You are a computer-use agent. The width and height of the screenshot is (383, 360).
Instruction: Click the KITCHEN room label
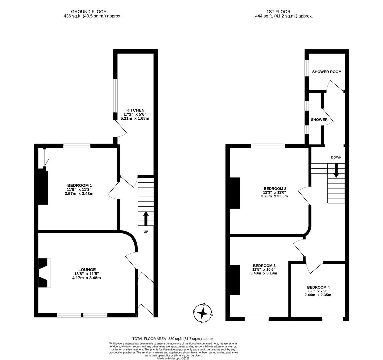(x=135, y=110)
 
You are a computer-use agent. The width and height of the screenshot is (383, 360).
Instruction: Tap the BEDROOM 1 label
(x=79, y=185)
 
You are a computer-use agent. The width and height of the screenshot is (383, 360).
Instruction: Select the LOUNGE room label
(x=87, y=270)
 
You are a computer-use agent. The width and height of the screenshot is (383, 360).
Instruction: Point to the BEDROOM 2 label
(x=275, y=188)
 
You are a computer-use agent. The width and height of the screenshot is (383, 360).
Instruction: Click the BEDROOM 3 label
(x=263, y=265)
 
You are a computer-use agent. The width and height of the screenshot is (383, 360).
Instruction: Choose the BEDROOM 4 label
(x=318, y=287)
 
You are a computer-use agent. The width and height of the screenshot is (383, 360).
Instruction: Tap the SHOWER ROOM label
(x=327, y=72)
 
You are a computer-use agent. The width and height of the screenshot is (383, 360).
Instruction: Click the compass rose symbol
(x=203, y=313)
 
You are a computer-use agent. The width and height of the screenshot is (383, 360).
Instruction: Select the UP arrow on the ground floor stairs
(x=146, y=218)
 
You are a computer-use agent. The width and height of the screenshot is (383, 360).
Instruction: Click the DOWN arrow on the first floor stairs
(x=336, y=170)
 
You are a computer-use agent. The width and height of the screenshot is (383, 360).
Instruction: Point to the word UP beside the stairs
(x=146, y=232)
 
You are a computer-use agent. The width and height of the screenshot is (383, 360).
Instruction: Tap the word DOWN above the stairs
(x=336, y=157)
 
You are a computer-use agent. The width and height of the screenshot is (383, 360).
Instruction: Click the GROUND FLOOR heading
(x=89, y=12)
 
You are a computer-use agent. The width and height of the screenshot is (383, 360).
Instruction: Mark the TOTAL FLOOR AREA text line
(x=173, y=339)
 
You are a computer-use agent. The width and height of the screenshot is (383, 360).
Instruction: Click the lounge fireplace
(x=44, y=273)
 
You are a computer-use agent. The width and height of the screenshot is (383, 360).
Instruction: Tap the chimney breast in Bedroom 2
(x=235, y=193)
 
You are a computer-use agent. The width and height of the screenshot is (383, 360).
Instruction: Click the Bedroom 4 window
(x=332, y=319)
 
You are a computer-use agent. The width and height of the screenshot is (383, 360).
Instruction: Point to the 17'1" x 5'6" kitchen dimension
(x=135, y=114)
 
